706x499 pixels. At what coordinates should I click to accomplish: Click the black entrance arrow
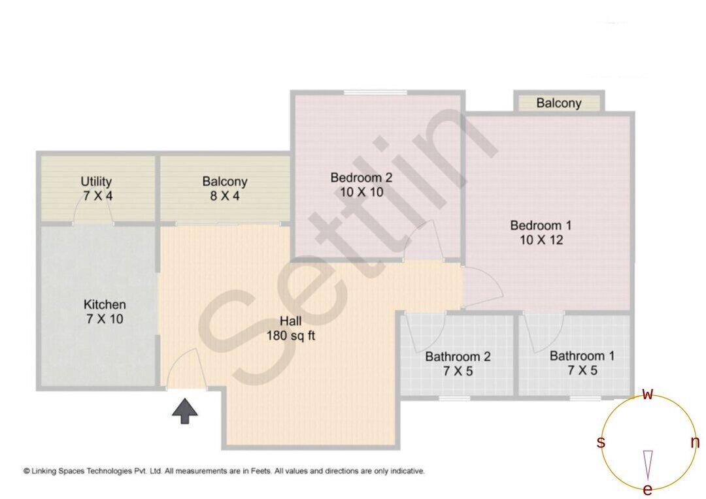coord(185,411)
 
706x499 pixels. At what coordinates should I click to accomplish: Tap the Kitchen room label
coord(105,312)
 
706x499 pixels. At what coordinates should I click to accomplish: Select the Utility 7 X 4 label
coord(97,188)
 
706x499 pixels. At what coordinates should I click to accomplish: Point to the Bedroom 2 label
coord(361,184)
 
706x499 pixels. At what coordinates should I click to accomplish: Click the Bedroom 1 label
coord(541,233)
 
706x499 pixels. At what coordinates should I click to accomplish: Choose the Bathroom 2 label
coord(458,364)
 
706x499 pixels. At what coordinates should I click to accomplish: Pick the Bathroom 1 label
coord(582,363)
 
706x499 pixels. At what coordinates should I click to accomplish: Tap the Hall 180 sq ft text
coord(291,329)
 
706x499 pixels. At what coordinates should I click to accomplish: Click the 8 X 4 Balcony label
coord(224,188)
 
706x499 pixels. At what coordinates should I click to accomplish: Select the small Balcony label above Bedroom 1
coord(559,103)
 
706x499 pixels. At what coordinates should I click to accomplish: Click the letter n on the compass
coord(694,443)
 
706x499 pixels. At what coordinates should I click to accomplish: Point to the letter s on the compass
coord(601,443)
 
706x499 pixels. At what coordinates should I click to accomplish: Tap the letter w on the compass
coord(647,394)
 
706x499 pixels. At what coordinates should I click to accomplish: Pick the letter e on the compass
coord(647,489)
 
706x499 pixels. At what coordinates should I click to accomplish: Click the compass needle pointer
coord(648,464)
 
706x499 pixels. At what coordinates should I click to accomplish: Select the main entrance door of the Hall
coord(185,372)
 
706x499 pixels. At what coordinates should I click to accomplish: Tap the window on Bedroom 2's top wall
coord(376,93)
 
